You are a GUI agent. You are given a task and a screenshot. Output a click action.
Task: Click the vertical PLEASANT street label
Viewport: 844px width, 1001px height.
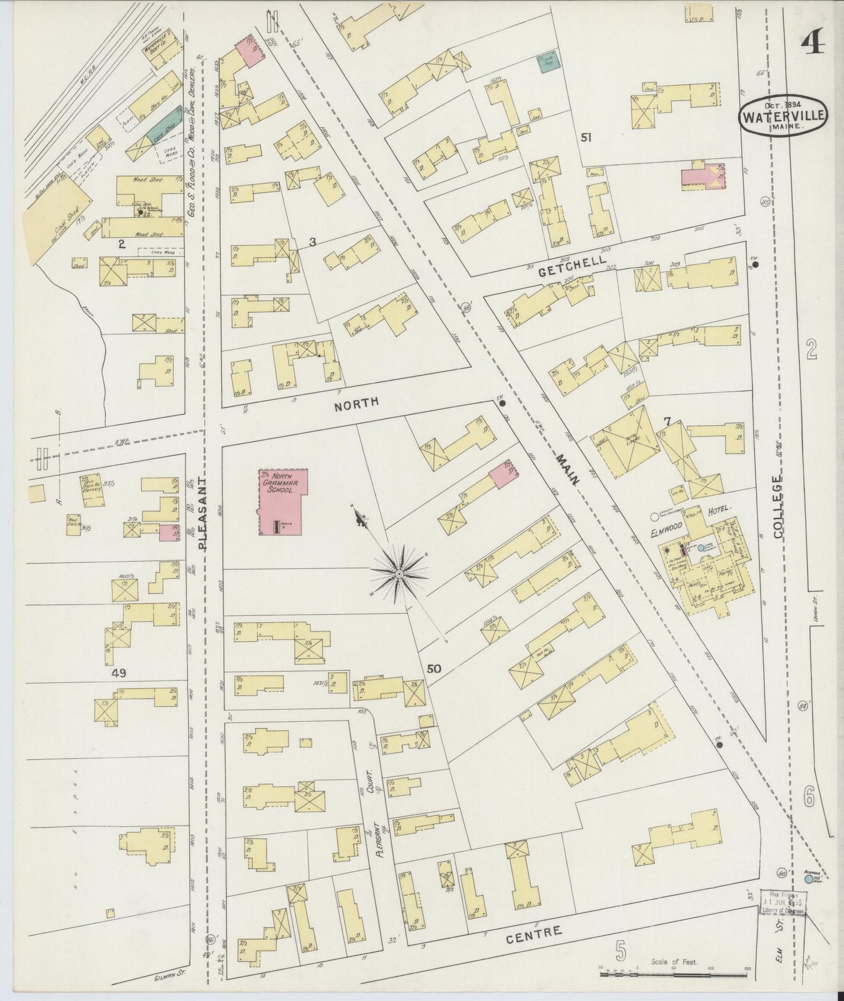(x=203, y=514)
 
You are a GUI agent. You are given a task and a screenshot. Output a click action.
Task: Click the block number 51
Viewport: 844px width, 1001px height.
(x=586, y=137)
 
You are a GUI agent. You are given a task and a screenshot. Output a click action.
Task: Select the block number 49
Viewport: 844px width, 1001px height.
(x=120, y=673)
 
